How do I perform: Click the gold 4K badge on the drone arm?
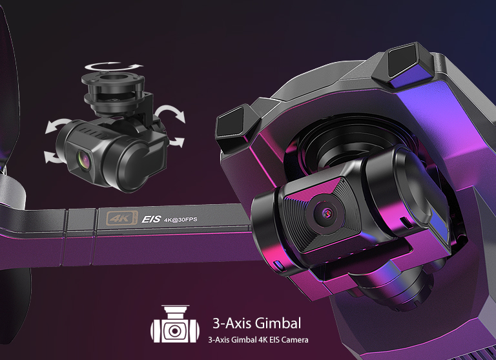click(122, 218)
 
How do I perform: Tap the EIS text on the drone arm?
click(151, 219)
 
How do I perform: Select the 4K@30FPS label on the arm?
click(180, 220)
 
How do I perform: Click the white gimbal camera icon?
click(175, 324)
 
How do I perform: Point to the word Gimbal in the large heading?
click(278, 323)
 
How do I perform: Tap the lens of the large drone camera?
click(327, 213)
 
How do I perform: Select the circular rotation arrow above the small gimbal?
click(113, 66)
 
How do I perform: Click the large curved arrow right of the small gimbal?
click(170, 113)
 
